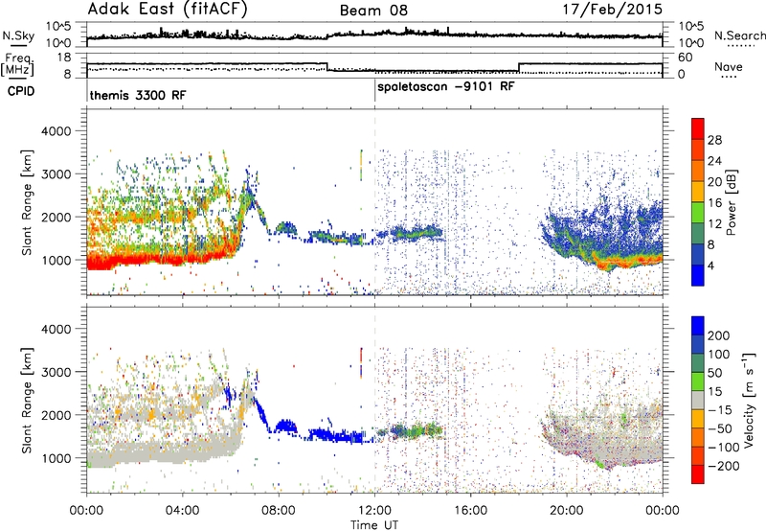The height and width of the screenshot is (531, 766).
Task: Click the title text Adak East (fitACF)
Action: (x=168, y=10)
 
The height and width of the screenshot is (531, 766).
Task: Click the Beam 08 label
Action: (x=373, y=11)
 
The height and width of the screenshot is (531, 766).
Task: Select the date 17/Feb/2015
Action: (x=612, y=10)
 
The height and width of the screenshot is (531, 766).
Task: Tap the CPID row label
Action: (x=21, y=91)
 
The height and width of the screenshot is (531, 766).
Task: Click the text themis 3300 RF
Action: (x=138, y=95)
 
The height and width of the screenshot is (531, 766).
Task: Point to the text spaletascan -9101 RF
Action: (x=446, y=87)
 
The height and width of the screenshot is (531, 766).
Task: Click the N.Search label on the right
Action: (x=739, y=35)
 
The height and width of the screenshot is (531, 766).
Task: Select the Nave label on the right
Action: (x=729, y=66)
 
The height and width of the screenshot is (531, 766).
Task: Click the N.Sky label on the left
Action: (x=18, y=35)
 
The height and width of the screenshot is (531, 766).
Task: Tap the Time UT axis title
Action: (x=374, y=525)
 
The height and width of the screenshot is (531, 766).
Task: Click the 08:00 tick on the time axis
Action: (x=279, y=511)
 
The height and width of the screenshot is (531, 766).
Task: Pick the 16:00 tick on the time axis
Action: (x=470, y=511)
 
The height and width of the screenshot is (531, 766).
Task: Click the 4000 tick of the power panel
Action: (x=56, y=131)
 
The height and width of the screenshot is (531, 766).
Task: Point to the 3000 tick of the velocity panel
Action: (x=56, y=372)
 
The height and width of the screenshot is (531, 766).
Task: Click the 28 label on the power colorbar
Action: (x=714, y=140)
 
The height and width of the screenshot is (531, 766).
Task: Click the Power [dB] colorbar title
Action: (x=732, y=202)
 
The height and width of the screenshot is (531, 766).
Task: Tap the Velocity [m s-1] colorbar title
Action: (x=749, y=400)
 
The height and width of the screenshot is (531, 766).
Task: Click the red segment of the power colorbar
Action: (x=698, y=130)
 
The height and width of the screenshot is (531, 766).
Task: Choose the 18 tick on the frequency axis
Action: (x=64, y=58)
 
